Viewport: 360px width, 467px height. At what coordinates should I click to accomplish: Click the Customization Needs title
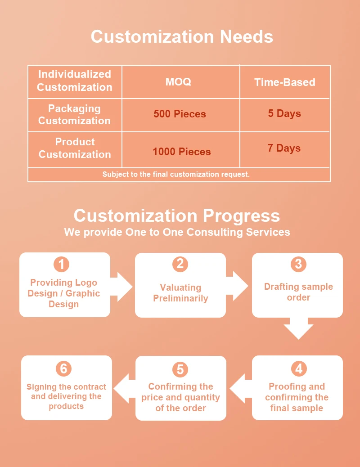[x=182, y=36]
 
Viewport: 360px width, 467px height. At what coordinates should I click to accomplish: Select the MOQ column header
[x=178, y=82]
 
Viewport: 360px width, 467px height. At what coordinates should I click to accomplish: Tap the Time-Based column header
[x=285, y=82]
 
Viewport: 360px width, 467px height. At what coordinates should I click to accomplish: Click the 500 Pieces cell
[x=180, y=114]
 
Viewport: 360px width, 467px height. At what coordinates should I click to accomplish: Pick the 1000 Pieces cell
[x=181, y=152]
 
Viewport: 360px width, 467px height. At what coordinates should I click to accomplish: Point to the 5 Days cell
[x=284, y=113]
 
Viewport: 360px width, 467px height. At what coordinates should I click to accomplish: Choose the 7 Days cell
[x=284, y=148]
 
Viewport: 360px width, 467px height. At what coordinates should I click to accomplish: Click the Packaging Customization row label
[x=74, y=115]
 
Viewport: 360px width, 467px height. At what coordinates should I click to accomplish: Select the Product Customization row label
[x=75, y=148]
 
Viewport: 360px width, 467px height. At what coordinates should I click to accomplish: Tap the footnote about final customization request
[x=176, y=174]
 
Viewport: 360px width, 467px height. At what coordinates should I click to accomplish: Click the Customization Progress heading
[x=177, y=216]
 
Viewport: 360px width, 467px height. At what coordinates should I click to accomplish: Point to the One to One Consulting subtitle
[x=177, y=232]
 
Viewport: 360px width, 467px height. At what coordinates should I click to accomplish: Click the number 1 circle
[x=62, y=264]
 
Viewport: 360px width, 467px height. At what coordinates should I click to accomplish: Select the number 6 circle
[x=63, y=369]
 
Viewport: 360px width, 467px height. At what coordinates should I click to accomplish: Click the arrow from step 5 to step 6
[x=124, y=388]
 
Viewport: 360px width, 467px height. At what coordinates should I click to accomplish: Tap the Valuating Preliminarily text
[x=180, y=293]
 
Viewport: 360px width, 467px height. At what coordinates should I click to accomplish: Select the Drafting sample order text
[x=298, y=292]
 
